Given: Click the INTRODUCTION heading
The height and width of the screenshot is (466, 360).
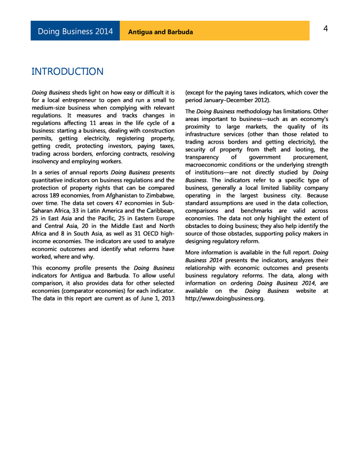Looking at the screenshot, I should pyautogui.click(x=67, y=71).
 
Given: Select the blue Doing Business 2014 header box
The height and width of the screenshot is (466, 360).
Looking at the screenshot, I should pyautogui.click(x=75, y=31).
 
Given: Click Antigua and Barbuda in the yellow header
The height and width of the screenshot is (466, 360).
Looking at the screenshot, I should pyautogui.click(x=160, y=32).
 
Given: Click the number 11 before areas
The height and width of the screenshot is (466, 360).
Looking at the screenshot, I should pyautogui.click(x=109, y=123).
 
